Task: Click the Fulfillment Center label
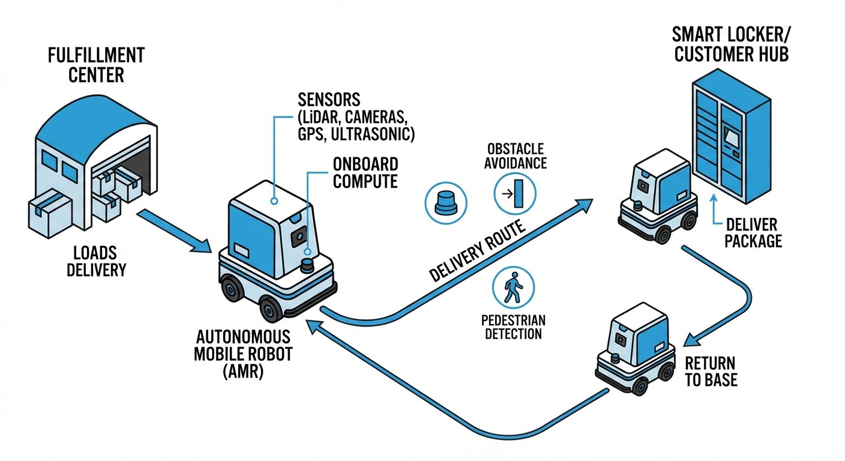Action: coord(96,65)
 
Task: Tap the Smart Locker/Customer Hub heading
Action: coord(731,44)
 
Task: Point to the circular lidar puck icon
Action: coord(445,203)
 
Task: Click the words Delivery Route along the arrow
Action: coord(478,252)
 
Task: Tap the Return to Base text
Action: coord(711,372)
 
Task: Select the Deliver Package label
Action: coord(753,233)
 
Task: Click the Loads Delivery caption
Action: coord(96,260)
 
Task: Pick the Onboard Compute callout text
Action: coord(365,173)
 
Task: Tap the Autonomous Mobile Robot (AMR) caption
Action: coord(243,354)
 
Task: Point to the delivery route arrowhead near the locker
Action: coord(585,205)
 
